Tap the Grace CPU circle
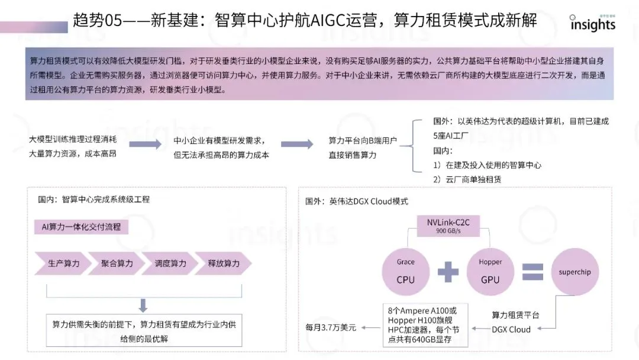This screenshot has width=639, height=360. [x=406, y=271]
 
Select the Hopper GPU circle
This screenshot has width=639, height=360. [x=490, y=271]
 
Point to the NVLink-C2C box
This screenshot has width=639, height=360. [x=448, y=226]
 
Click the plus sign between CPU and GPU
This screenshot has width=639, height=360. [x=448, y=272]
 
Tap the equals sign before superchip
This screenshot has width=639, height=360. [x=532, y=272]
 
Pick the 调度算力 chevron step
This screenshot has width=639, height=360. [x=170, y=263]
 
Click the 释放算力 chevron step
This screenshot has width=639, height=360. [x=224, y=263]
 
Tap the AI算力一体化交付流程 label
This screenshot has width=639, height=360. [x=82, y=227]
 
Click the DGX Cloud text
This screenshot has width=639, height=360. [x=511, y=329]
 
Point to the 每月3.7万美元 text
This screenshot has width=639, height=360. [x=331, y=327]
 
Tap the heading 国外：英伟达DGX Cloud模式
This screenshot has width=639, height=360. [x=357, y=201]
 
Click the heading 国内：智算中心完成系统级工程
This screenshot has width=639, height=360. [x=93, y=200]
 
